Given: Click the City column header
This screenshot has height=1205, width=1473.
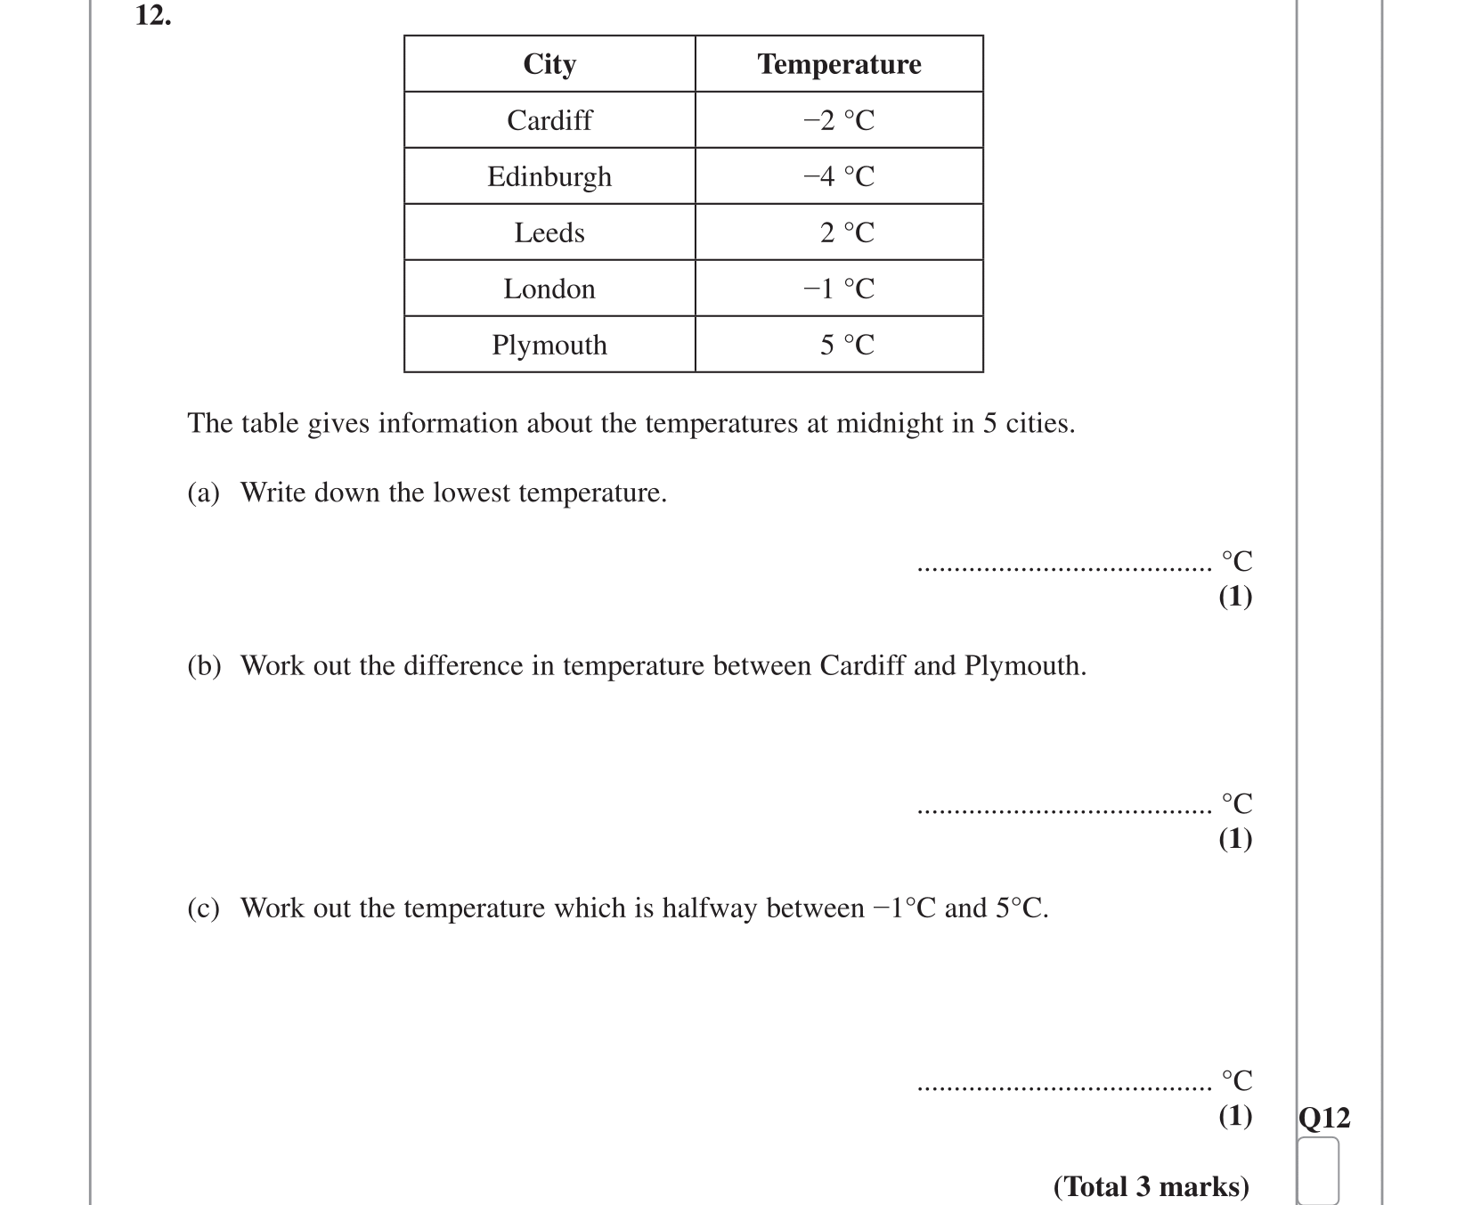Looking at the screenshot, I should click(549, 64).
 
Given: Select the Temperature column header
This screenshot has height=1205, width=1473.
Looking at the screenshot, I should click(839, 64).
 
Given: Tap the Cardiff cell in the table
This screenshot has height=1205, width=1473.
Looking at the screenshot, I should click(549, 120).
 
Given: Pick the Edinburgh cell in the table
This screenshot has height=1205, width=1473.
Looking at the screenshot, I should click(549, 176).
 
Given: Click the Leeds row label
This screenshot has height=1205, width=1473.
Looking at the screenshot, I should click(549, 232).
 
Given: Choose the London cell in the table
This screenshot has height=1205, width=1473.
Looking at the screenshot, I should click(549, 289).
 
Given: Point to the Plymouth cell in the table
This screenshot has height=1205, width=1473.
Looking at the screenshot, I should click(549, 345).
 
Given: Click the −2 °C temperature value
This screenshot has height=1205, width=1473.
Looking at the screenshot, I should click(839, 120).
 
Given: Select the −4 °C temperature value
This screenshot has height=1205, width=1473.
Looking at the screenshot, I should click(839, 176).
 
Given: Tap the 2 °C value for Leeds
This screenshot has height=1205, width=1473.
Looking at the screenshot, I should click(847, 232).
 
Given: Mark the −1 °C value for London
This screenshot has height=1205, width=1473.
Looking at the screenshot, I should click(839, 289).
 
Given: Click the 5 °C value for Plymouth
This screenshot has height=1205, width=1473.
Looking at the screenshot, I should click(847, 345).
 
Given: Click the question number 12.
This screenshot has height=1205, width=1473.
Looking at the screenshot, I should click(153, 15).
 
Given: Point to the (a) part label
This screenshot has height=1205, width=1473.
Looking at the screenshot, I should click(203, 493).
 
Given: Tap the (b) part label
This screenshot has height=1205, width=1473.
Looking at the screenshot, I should click(204, 666).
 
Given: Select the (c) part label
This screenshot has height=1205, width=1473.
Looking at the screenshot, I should click(203, 908).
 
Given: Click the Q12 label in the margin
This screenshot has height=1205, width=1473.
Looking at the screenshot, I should click(1324, 1118).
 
